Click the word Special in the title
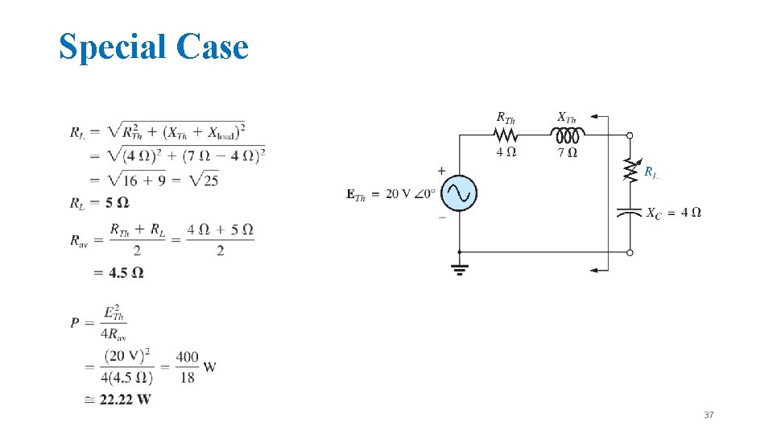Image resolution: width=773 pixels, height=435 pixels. [113, 47]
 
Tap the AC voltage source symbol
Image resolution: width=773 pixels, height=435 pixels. [459, 193]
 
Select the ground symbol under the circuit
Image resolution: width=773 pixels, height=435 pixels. [459, 269]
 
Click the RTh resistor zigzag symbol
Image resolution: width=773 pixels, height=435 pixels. [505, 135]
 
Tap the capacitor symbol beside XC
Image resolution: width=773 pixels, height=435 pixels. [630, 213]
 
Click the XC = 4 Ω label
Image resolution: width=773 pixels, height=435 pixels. [673, 213]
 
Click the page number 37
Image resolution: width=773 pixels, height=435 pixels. [708, 415]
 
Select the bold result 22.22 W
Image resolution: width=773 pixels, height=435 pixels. [125, 400]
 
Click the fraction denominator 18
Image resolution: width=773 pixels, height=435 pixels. [187, 377]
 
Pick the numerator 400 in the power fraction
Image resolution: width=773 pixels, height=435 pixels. [187, 357]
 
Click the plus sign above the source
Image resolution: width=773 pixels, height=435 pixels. [441, 171]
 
